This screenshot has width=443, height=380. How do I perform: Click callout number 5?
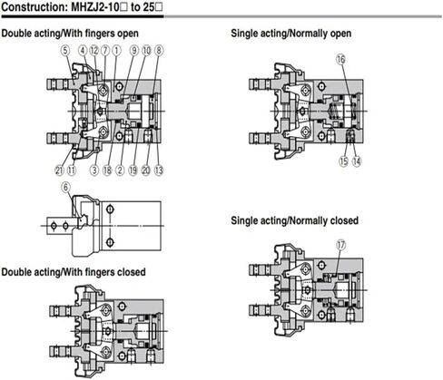65,51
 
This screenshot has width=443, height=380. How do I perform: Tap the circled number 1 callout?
116,51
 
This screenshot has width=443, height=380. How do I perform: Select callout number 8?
159,51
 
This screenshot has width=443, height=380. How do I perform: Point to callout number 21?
59,171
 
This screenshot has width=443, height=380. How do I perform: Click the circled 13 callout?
159,171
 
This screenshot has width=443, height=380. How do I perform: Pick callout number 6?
66,187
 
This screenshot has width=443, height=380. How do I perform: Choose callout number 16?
340,59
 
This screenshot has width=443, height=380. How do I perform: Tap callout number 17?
341,245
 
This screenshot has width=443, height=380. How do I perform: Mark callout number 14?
357,161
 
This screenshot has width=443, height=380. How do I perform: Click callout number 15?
344,161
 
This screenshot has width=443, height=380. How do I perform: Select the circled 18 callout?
107,171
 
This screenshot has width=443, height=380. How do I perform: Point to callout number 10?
146,51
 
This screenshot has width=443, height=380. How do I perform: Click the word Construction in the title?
34,7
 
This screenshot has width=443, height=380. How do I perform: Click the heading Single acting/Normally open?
291,33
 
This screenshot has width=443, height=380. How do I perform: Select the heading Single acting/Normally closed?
294,220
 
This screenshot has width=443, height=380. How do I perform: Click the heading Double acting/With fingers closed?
74,272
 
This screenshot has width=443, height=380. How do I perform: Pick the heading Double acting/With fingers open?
70,33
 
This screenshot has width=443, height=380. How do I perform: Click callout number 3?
94,171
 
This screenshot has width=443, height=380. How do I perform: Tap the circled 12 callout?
94,51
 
